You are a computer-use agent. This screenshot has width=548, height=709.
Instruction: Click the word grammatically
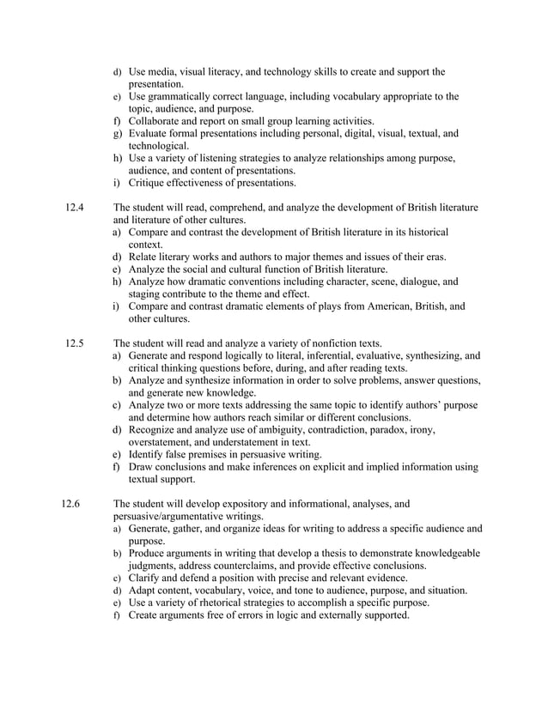[182, 97]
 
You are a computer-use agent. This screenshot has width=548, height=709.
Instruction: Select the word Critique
[150, 183]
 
